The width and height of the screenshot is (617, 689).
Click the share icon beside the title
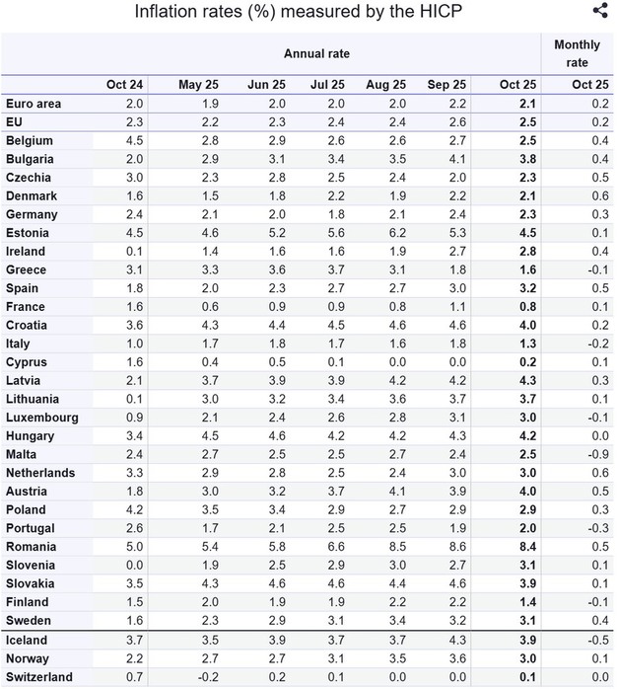[x=600, y=11]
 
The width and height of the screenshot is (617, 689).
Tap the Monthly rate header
[x=577, y=53]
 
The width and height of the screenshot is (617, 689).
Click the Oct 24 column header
[x=124, y=85]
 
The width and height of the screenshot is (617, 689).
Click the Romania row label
[x=31, y=546]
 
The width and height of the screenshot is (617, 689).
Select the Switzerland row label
[x=38, y=676]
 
